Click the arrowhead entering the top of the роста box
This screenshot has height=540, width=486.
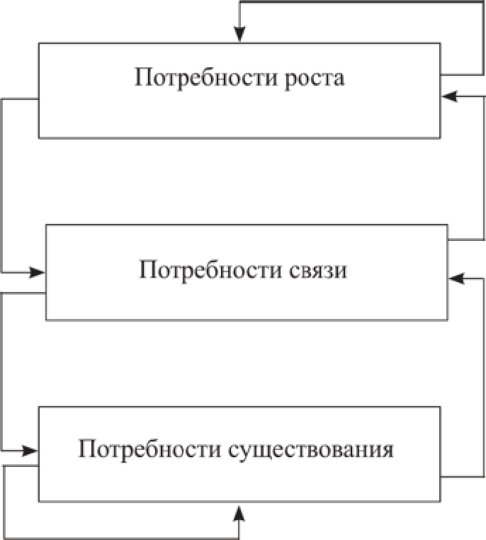pos(240,35)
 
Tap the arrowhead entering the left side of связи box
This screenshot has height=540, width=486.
pos(38,271)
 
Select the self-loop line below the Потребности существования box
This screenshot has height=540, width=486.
pos(120,534)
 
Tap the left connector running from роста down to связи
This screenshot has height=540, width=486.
pos(3,184)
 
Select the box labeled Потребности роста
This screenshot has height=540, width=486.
pos(240,113)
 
